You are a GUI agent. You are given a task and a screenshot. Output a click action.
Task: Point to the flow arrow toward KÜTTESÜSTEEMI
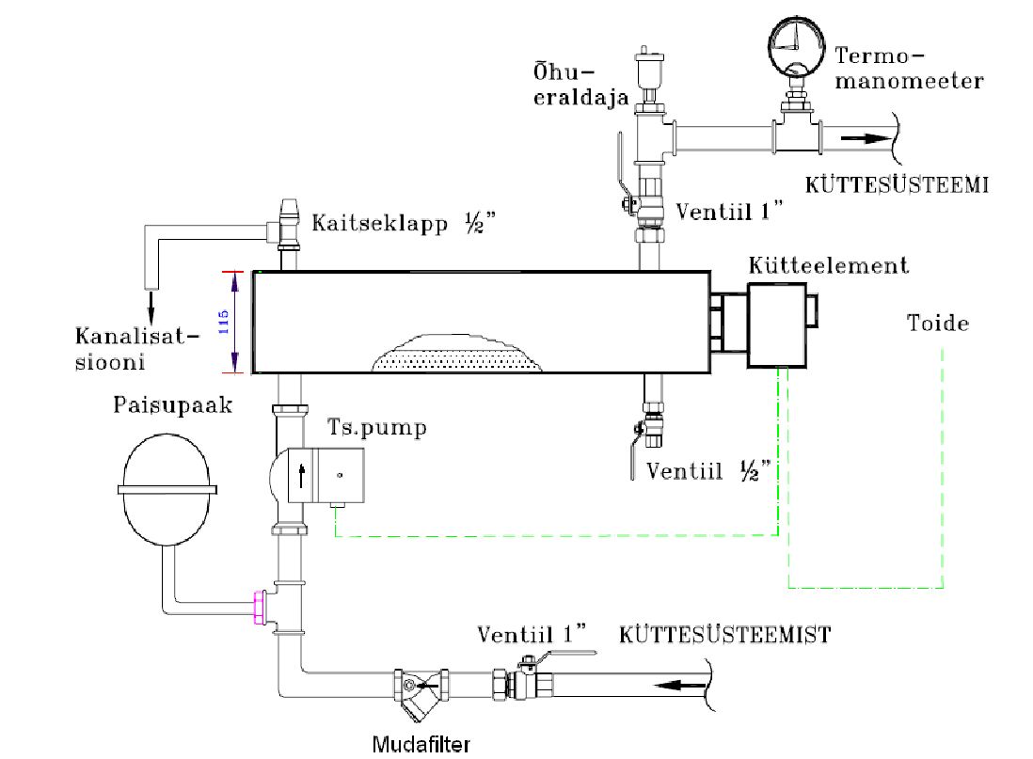click(863, 137)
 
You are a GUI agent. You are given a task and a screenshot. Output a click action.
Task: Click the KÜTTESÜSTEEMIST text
click(724, 634)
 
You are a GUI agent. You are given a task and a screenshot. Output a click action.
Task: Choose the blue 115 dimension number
click(223, 322)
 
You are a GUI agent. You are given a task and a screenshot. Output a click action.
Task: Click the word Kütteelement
click(829, 265)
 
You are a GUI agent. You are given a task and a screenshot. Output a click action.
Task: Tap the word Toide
click(938, 324)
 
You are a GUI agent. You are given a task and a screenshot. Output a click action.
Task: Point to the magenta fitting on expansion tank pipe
click(257, 608)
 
